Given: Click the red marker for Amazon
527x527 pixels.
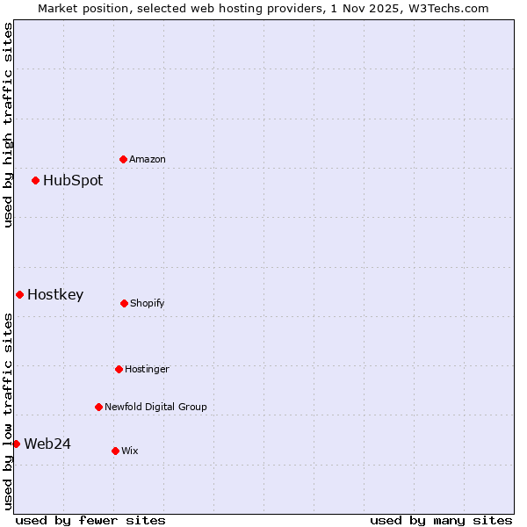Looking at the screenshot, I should (124, 159).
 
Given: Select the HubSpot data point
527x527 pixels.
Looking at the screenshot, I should (36, 180).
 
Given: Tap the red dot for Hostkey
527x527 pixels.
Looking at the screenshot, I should (20, 294).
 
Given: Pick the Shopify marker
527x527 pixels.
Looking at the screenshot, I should (125, 303).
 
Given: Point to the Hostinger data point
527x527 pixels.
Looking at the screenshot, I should (119, 369).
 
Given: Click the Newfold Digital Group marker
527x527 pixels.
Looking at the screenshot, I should (99, 407).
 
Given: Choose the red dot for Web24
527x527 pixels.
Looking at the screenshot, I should (17, 444).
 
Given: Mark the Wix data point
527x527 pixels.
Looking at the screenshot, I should (116, 451).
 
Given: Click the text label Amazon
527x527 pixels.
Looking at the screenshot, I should (148, 159).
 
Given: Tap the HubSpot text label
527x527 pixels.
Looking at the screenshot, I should (73, 180).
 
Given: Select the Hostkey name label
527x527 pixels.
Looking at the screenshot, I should (55, 294).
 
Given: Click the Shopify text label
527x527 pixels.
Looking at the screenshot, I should (148, 303).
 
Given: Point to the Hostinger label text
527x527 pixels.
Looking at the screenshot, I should (148, 369).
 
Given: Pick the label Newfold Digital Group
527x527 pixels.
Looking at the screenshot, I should (156, 407).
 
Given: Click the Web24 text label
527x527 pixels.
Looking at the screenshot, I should (47, 444).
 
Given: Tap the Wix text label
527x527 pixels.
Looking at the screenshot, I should (130, 451).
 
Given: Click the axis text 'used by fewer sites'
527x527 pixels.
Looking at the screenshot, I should (90, 520).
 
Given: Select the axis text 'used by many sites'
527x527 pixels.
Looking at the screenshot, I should (441, 520).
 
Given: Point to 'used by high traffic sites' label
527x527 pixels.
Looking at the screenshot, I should (8, 125).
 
